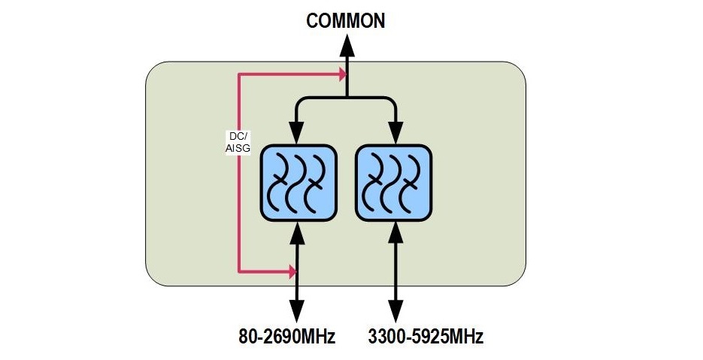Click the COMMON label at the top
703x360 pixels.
coord(346,20)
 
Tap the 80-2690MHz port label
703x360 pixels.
coord(283,335)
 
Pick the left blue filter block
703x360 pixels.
coord(297,184)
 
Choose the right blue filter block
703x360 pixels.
coord(392,184)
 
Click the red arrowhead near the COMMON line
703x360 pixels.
coord(342,74)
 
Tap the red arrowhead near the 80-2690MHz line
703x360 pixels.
coord(292,271)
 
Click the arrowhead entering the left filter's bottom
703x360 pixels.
coord(297,231)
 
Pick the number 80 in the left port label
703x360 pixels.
coord(241,335)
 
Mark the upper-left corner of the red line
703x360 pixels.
coord(238,74)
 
